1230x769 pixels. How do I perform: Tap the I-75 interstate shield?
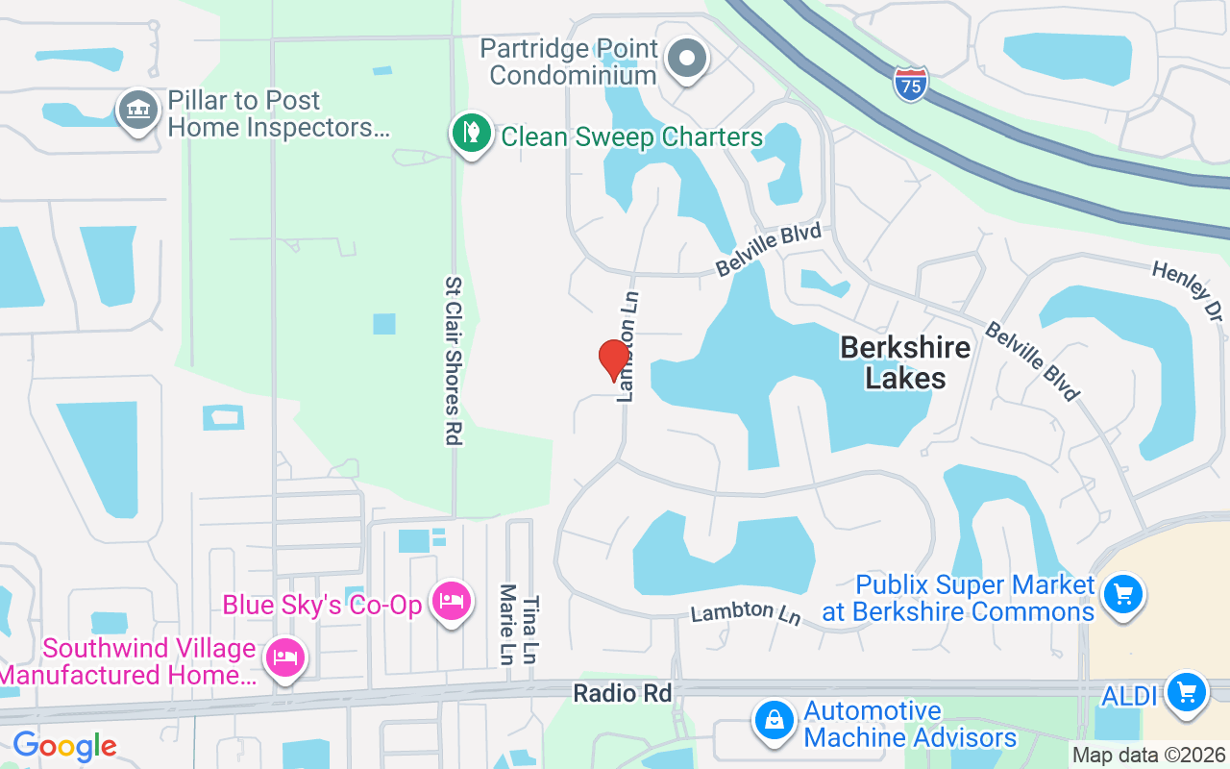[910, 84]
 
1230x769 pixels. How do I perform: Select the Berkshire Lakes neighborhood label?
[905, 362]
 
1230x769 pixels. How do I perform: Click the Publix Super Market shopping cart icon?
[1122, 595]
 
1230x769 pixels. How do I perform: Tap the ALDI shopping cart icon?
[1186, 692]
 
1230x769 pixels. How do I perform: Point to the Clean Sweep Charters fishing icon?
[471, 133]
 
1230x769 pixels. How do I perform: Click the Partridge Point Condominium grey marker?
[686, 58]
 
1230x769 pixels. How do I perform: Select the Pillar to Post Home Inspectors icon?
[137, 111]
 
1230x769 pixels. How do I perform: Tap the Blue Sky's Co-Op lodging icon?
[451, 602]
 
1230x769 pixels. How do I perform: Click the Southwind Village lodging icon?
[285, 658]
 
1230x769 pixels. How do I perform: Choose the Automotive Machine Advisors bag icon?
[773, 718]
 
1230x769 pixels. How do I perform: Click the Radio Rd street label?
[622, 692]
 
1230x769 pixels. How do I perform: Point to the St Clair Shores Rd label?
[454, 361]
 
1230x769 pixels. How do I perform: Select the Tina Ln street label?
[531, 629]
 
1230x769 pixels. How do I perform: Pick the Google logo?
[64, 745]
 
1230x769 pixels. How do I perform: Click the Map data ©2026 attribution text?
[1149, 755]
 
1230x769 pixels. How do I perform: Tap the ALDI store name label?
[1130, 694]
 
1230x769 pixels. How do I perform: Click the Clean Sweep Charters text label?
[632, 136]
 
